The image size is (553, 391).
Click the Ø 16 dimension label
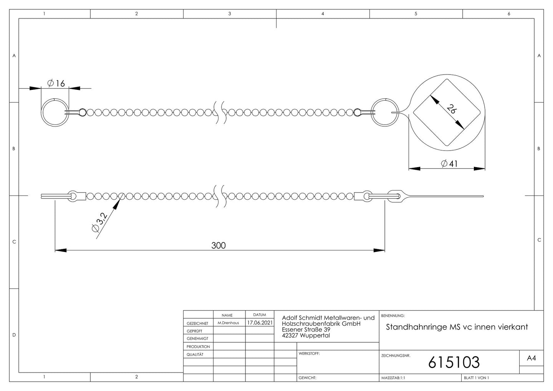(56, 83)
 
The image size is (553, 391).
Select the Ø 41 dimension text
(449, 163)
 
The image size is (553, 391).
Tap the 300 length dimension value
(219, 245)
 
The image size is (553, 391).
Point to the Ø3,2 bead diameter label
(99, 222)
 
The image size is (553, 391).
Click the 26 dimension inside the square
(451, 109)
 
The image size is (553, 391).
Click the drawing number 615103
(454, 362)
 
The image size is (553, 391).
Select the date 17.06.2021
(260, 323)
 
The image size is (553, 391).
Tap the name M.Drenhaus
(228, 323)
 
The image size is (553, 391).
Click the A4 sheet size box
(531, 358)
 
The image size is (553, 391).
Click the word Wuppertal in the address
(315, 335)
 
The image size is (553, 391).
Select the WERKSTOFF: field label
(309, 353)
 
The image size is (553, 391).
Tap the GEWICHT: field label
(307, 378)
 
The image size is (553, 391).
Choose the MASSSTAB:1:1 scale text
(393, 378)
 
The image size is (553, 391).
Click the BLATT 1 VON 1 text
(476, 378)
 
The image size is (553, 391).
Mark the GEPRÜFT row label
(195, 331)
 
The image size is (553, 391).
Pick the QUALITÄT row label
(195, 355)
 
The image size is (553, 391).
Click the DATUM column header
(260, 315)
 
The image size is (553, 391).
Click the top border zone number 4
(323, 14)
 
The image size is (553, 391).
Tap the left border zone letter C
(14, 242)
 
